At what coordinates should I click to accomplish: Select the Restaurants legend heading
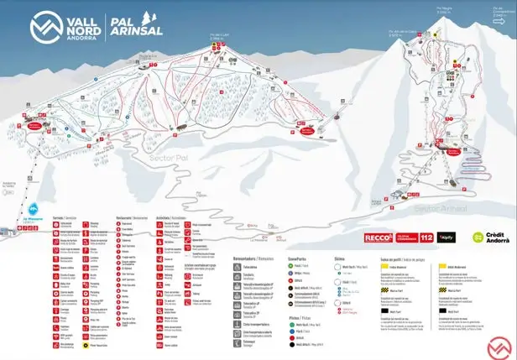[x=131, y=217]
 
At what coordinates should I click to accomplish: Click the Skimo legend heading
[x=340, y=259]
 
